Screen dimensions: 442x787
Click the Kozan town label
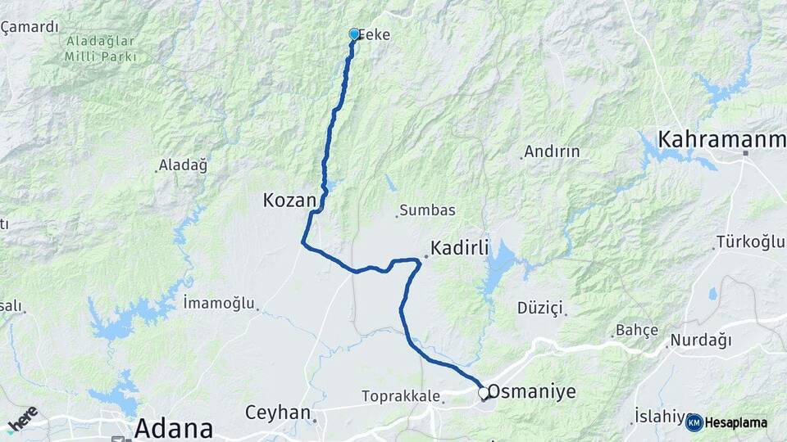tap(289, 200)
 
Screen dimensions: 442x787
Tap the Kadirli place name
tap(462, 247)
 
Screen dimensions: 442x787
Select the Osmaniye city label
tap(534, 392)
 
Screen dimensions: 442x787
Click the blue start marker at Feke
tap(354, 34)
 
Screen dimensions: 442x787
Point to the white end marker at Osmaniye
tap(484, 393)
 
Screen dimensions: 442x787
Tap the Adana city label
tap(173, 427)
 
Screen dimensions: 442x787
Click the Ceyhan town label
tap(279, 412)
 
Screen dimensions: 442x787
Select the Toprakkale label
tap(399, 396)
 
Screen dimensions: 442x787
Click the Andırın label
tap(552, 151)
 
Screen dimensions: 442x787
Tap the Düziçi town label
tap(540, 308)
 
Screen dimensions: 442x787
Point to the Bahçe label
tap(637, 330)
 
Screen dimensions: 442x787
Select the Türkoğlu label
tap(750, 241)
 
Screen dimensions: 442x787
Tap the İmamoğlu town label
tap(219, 303)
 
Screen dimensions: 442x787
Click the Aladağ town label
tap(184, 165)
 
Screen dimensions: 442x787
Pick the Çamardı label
tap(30, 27)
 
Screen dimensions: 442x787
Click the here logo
tap(22, 417)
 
